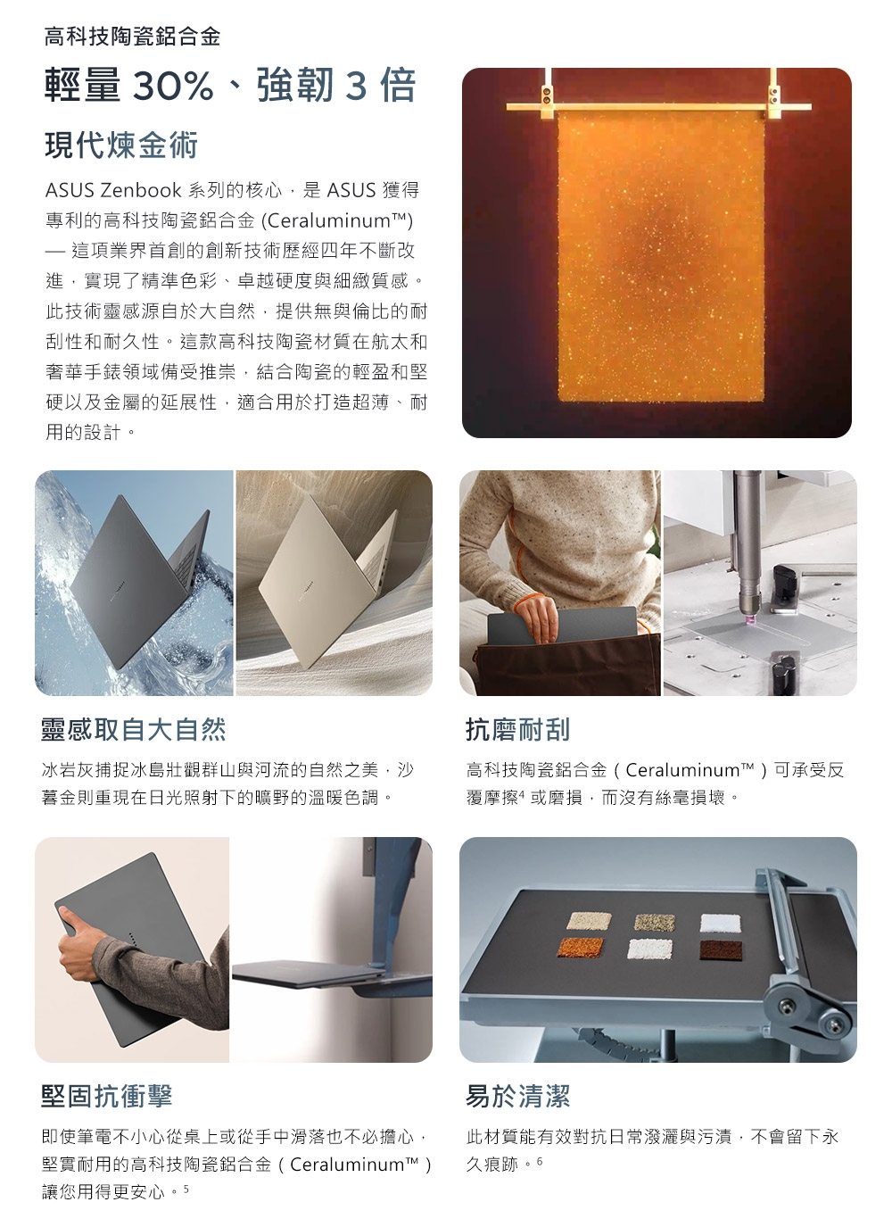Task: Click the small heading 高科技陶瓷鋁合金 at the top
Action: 132,37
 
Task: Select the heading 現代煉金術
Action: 121,145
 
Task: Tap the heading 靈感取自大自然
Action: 134,730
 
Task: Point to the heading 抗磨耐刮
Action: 518,730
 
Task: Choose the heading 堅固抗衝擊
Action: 107,1096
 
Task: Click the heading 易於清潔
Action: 518,1096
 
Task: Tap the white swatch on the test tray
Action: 721,923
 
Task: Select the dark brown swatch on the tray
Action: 721,950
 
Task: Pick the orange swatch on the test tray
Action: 580,947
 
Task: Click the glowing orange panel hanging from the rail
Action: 661,256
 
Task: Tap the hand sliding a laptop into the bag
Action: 537,618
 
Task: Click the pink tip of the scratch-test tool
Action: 749,619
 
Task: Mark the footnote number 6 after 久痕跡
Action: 540,1160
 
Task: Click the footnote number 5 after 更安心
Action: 186,1188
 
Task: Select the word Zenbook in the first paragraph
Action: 141,190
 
